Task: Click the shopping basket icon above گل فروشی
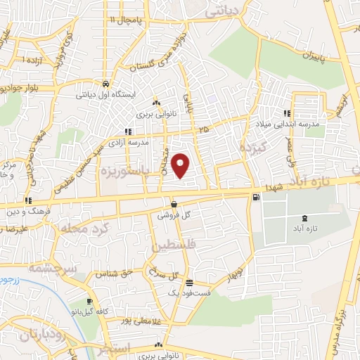click(x=174, y=204)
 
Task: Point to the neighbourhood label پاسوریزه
click(x=116, y=171)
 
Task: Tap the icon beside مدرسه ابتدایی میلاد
click(x=286, y=113)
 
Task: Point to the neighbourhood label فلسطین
click(x=172, y=247)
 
